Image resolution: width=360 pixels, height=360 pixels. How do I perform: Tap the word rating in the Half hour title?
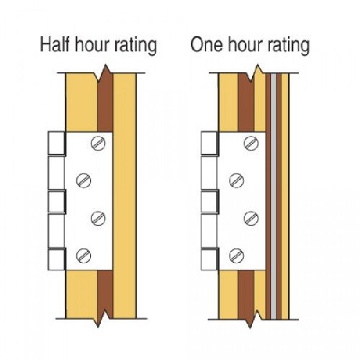pyautogui.click(x=135, y=45)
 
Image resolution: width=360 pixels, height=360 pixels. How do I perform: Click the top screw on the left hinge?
pyautogui.click(x=98, y=143)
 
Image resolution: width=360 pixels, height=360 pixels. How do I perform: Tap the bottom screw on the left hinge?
pyautogui.click(x=84, y=255)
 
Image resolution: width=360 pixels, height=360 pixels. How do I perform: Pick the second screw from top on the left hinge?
pyautogui.click(x=84, y=180)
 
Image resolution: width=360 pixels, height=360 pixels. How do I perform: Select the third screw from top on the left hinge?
pyautogui.click(x=98, y=218)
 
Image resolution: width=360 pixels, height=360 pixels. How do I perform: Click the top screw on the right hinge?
pyautogui.click(x=251, y=143)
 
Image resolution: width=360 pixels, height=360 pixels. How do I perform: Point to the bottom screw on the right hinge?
pyautogui.click(x=237, y=255)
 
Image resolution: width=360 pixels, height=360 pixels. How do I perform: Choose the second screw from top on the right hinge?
pyautogui.click(x=237, y=180)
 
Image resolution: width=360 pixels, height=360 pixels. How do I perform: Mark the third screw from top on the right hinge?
pyautogui.click(x=251, y=218)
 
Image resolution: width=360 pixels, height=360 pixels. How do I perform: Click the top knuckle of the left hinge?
pyautogui.click(x=57, y=143)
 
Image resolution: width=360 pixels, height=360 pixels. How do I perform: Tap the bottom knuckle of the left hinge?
pyautogui.click(x=57, y=259)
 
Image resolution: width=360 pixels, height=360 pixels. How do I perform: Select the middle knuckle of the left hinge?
pyautogui.click(x=57, y=202)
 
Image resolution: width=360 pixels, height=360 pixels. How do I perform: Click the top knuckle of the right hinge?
pyautogui.click(x=210, y=143)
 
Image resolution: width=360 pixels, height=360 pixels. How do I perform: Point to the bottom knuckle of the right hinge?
pyautogui.click(x=210, y=259)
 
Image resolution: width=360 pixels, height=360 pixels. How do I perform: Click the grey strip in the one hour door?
pyautogui.click(x=274, y=197)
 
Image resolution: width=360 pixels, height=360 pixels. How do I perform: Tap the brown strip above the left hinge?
pyautogui.click(x=105, y=102)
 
